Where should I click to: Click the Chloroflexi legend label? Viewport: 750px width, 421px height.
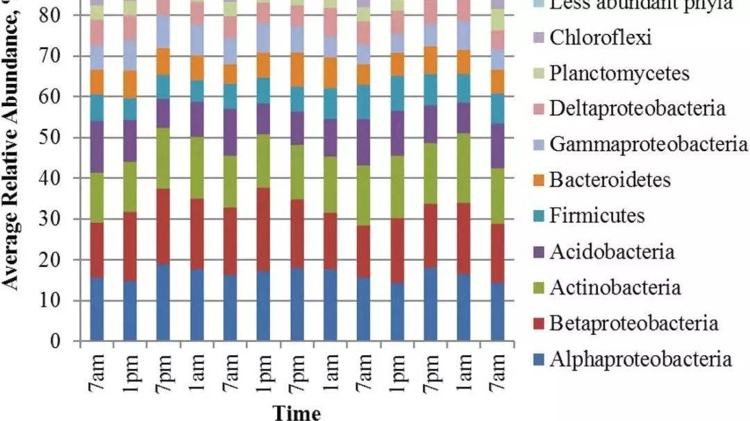click(601, 37)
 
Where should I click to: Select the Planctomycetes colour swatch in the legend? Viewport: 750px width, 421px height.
click(537, 74)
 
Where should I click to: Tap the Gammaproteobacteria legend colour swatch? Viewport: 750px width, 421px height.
click(537, 145)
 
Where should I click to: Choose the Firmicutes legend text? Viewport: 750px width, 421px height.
click(597, 216)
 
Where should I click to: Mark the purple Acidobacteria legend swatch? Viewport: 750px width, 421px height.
click(537, 252)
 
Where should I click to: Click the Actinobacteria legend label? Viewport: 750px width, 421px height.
click(615, 287)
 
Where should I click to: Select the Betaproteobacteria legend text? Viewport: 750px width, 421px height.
click(633, 323)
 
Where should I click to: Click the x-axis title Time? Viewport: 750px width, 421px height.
click(297, 413)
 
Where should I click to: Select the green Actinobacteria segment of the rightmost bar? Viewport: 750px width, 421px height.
click(497, 196)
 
